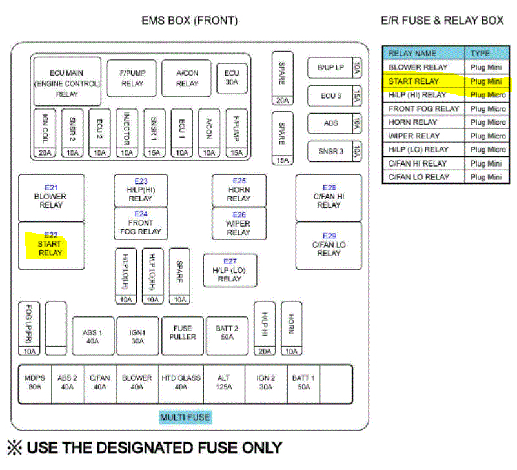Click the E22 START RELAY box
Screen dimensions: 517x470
point(50,245)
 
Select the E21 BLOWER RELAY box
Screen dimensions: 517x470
point(50,197)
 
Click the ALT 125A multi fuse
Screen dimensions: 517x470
point(225,383)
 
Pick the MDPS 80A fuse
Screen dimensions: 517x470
point(34,383)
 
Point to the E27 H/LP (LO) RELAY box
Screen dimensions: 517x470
point(230,271)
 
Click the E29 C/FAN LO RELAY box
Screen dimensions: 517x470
point(329,245)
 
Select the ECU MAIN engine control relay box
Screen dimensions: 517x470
point(67,82)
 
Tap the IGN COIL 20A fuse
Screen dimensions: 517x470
point(45,133)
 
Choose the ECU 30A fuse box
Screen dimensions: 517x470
point(232,78)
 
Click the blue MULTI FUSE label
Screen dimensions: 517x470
point(185,417)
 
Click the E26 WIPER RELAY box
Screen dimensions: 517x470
point(239,223)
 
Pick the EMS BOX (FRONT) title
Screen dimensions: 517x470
point(190,21)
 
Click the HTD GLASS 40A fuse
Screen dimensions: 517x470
point(181,383)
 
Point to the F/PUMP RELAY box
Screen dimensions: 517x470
point(132,79)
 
